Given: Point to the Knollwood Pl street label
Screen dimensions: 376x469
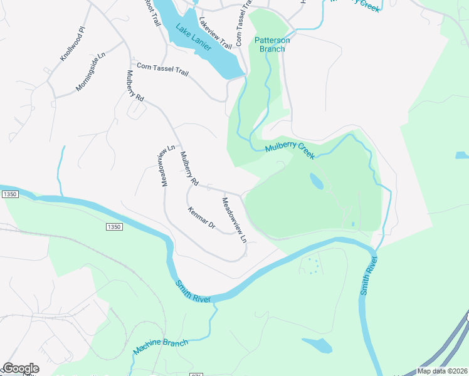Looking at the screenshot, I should tap(72, 44).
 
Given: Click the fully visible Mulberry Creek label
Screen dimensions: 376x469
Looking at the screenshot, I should tap(289, 150).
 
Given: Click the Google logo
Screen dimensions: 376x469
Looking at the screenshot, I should tap(21, 368).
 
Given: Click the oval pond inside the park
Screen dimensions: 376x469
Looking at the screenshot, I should tap(317, 182).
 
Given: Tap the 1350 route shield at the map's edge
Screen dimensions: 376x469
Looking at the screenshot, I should tap(9, 195).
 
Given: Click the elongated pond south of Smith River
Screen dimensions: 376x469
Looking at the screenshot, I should tap(317, 345).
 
